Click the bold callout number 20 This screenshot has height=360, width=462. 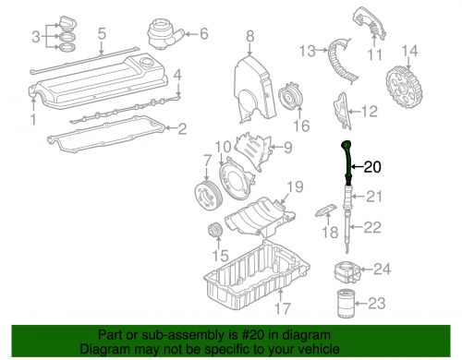pos(371,167)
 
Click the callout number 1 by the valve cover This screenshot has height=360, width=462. pos(33,119)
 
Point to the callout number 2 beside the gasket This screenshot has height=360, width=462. pos(182,128)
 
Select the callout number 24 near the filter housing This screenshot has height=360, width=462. pos(381,270)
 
